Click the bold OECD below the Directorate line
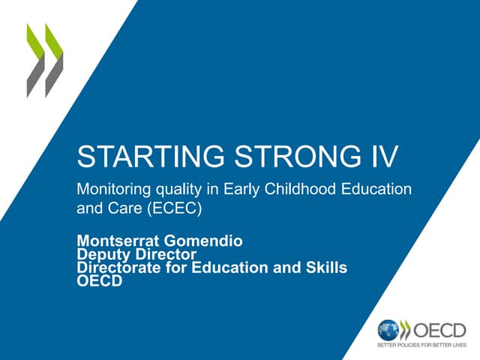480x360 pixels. pos(99,281)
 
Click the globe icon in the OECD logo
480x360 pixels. pos(388,329)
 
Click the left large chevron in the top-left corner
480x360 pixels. pos(35,60)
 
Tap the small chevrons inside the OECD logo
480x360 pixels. pos(406,329)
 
